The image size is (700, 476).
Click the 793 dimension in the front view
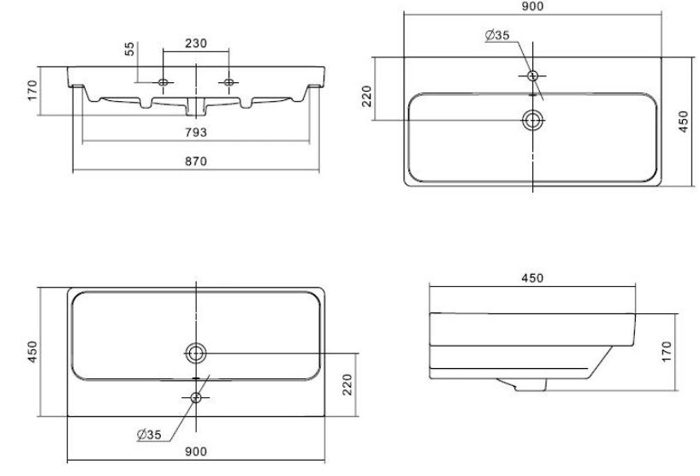pyautogui.click(x=196, y=132)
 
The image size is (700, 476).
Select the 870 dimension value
pyautogui.click(x=196, y=161)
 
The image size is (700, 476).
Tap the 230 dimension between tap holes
pyautogui.click(x=196, y=44)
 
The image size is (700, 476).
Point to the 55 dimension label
pyautogui.click(x=129, y=48)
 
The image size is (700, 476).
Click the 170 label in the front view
pyautogui.click(x=33, y=90)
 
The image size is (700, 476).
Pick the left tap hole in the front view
pyautogui.click(x=163, y=82)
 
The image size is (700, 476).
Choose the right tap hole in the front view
pyautogui.click(x=228, y=82)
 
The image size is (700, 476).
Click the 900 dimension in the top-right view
pyautogui.click(x=532, y=6)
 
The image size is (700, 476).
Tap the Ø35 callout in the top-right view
pyautogui.click(x=497, y=35)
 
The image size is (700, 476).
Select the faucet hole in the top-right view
pyautogui.click(x=532, y=75)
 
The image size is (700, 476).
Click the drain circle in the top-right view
pyautogui.click(x=532, y=120)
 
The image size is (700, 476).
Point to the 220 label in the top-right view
pyautogui.click(x=367, y=96)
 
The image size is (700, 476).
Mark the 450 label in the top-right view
pyautogui.click(x=684, y=122)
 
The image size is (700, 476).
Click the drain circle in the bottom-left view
pyautogui.click(x=195, y=354)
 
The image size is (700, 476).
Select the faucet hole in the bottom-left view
pyautogui.click(x=195, y=397)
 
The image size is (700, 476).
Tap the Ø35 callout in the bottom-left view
pyautogui.click(x=150, y=434)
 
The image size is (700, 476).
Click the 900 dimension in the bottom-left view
pyautogui.click(x=196, y=451)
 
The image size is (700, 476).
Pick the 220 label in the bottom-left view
pyautogui.click(x=347, y=384)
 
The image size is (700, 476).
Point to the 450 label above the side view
pyautogui.click(x=532, y=278)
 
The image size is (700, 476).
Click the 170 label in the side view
pyautogui.click(x=667, y=351)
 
